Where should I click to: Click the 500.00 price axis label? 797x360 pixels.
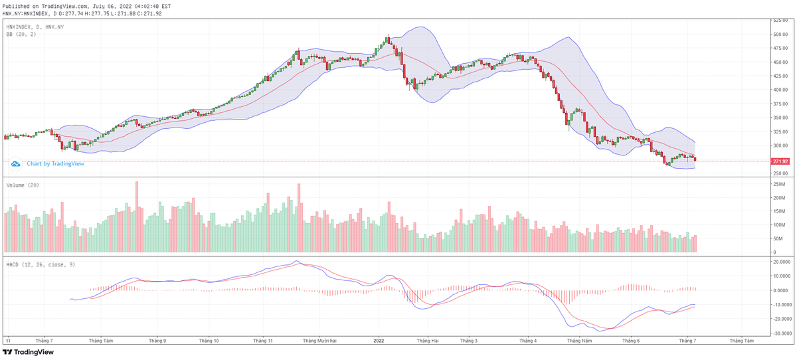(x=780, y=34)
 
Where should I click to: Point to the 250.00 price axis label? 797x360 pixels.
(x=780, y=173)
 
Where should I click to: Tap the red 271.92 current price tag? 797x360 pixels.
(x=780, y=161)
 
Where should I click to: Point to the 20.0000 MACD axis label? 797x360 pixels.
(x=781, y=262)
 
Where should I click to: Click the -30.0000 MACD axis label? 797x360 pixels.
(x=781, y=333)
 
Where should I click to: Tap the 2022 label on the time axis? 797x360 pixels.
(x=379, y=341)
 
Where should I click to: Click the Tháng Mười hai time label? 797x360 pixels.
(x=319, y=341)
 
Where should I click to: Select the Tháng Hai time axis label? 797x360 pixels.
(x=427, y=341)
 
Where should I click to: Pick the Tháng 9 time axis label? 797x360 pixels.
(x=157, y=341)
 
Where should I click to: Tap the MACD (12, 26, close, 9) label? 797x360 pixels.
(x=40, y=264)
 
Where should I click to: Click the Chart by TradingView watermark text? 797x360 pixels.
(x=55, y=163)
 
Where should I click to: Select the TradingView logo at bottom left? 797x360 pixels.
(x=30, y=353)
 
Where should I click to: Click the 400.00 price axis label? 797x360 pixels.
(x=780, y=90)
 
